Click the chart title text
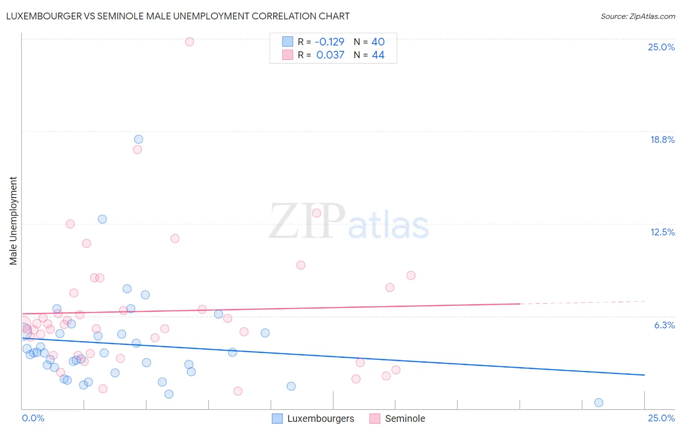point(178,16)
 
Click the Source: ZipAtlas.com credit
point(637,16)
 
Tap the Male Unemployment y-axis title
point(14,221)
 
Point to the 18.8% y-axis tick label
point(662,139)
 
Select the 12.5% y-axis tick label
point(662,232)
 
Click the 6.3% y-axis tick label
point(664,325)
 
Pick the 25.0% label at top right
point(661,47)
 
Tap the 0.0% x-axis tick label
point(33,418)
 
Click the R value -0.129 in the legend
point(329,42)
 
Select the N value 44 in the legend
point(378,55)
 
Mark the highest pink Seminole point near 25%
point(189,42)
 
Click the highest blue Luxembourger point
point(139,139)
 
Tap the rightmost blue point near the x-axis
point(599,402)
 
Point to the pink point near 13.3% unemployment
point(317,213)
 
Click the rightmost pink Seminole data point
point(411,275)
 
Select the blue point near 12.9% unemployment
point(102,219)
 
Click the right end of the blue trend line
point(644,375)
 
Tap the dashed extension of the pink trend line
point(581,303)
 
